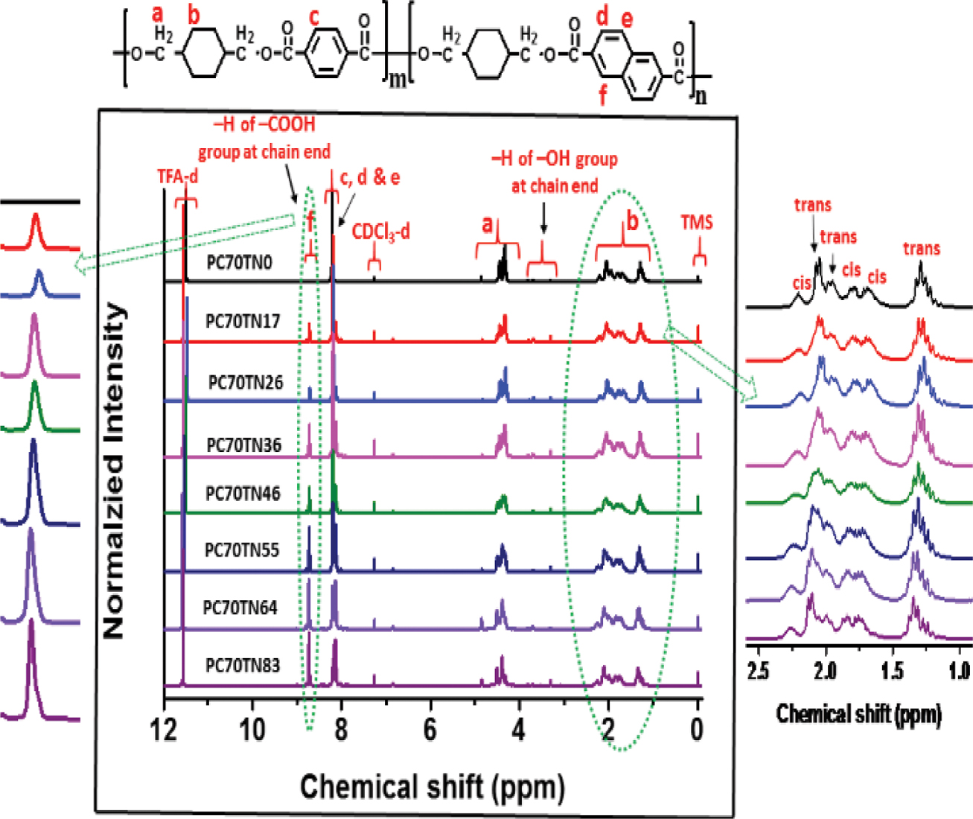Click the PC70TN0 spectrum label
240,262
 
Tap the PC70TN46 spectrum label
243,494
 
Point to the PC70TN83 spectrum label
243,665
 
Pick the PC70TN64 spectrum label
240,608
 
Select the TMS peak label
697,222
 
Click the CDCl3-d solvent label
381,232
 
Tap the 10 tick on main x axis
252,730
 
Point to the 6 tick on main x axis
430,730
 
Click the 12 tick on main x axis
164,730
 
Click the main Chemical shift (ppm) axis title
432,786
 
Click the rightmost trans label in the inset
922,249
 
